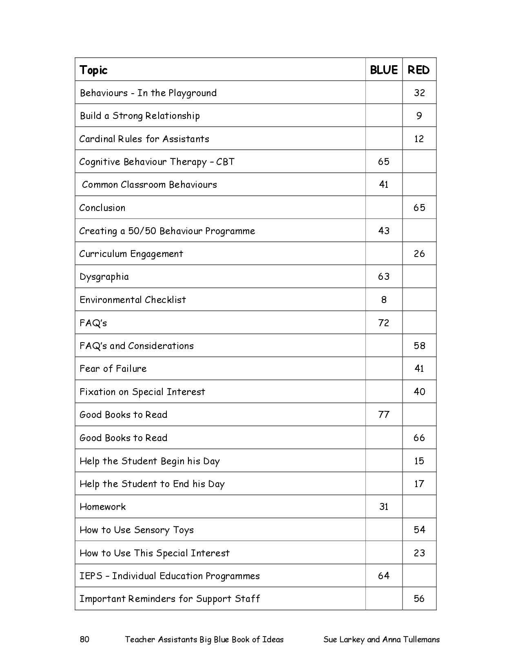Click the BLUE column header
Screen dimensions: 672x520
tap(383, 70)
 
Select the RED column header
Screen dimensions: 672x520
tap(418, 70)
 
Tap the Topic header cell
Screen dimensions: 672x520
tap(93, 70)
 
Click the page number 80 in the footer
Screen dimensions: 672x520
tap(84, 639)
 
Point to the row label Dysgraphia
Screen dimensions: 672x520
tap(104, 277)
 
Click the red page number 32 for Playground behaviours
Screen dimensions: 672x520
tap(419, 93)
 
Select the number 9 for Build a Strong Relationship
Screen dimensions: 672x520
tap(419, 116)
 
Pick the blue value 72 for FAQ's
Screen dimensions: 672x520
tap(384, 323)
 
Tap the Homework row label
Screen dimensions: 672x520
tap(103, 507)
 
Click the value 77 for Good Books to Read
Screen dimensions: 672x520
tap(384, 415)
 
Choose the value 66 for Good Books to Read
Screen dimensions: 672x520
tap(419, 438)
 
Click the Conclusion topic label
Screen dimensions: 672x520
tap(102, 208)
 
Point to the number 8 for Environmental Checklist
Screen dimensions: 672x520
tap(384, 300)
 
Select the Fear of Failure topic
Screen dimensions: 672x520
tap(113, 369)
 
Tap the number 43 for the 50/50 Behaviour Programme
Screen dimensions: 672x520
tap(384, 231)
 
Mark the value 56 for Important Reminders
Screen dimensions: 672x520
tap(419, 599)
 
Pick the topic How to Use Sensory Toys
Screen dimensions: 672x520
tap(137, 530)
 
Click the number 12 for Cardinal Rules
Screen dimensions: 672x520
tap(419, 139)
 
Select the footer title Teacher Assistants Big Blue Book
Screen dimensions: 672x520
tap(204, 639)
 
